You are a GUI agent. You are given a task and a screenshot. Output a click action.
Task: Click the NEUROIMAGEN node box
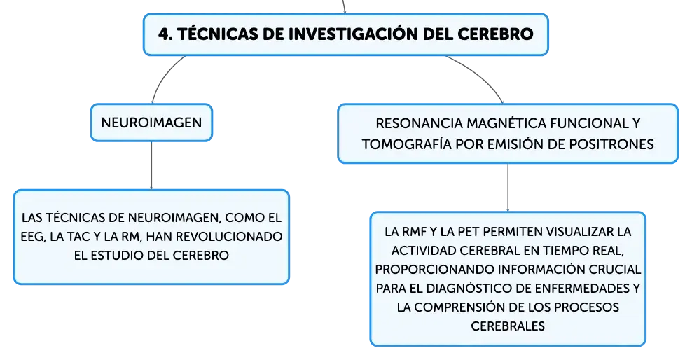[x=151, y=123]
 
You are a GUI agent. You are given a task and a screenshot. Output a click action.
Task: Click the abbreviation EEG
[x=33, y=237]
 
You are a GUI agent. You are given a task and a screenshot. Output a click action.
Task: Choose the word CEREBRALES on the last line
[x=508, y=326]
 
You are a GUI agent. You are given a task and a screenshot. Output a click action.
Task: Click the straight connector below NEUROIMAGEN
[x=151, y=165]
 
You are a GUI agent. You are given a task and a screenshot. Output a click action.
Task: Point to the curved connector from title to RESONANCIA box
[x=480, y=75]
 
